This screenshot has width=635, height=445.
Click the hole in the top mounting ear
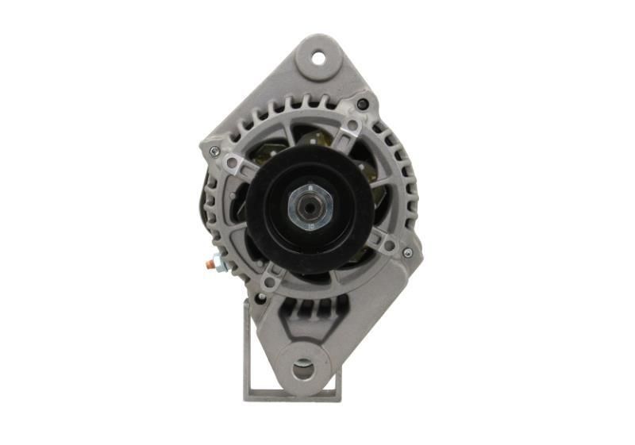coord(318,57)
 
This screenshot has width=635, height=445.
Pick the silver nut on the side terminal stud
coord(217,260)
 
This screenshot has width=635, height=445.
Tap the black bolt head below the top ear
coord(363,104)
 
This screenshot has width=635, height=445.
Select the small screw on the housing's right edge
coord(407,252)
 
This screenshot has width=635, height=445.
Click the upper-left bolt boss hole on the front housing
coord(232,163)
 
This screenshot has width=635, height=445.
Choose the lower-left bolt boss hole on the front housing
coord(271,281)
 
